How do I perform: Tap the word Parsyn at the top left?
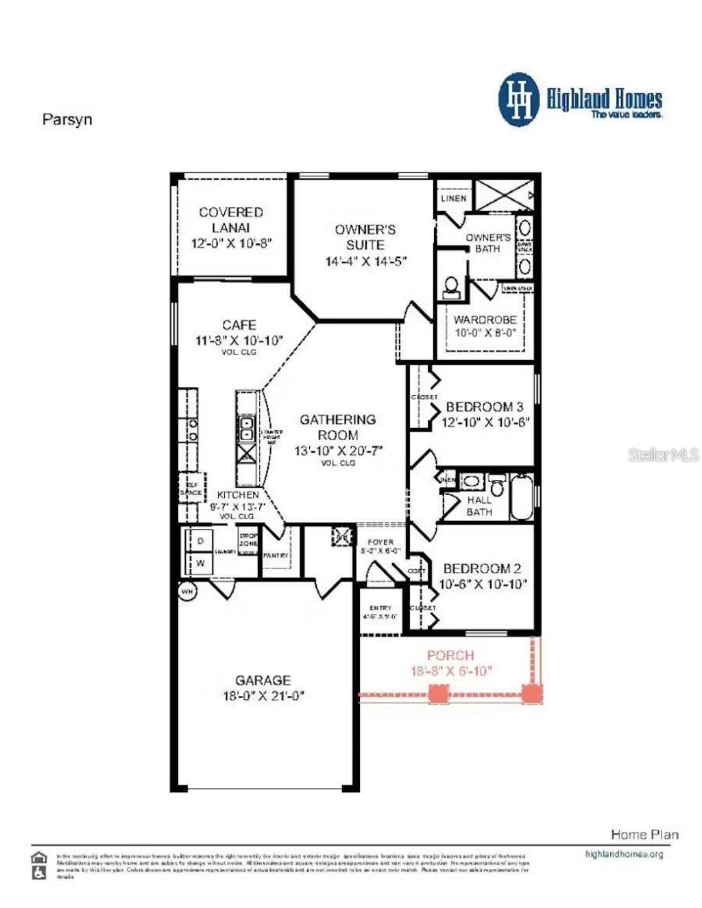67,119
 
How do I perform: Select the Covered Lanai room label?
231,219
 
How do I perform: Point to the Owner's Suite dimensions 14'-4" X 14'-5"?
366,261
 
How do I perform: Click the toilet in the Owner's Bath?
451,287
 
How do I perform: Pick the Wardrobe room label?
485,320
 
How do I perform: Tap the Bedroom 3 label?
484,407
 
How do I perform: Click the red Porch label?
450,656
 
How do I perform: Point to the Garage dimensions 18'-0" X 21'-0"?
263,696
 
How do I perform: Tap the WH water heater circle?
186,590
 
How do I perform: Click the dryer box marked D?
200,540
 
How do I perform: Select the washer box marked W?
200,563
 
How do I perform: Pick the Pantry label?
276,555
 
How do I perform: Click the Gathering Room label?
338,427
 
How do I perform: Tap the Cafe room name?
239,325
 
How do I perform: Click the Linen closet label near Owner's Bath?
453,198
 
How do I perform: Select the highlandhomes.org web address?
624,855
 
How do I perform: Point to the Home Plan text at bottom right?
644,835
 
